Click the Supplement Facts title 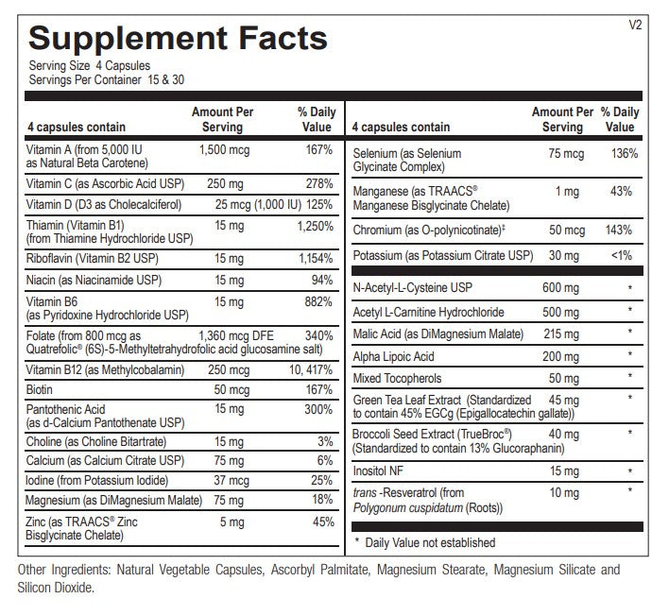178,39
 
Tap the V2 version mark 635,25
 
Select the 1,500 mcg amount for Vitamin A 225,150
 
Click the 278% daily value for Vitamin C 319,184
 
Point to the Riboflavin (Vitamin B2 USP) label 93,259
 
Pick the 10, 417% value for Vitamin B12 311,369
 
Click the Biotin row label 40,389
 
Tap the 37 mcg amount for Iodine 232,480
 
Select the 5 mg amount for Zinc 232,522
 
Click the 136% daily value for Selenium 625,154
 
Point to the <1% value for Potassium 622,255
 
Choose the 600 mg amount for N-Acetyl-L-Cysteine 560,288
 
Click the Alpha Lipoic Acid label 393,356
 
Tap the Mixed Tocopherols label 397,379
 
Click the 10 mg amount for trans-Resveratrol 564,493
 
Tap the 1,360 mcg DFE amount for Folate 236,335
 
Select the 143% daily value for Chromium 619,231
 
